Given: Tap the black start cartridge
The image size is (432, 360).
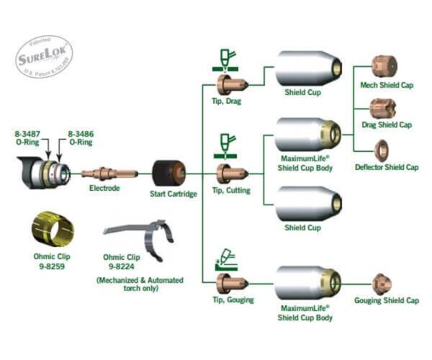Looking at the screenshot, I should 169,174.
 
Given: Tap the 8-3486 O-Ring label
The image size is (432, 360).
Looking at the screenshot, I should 81,138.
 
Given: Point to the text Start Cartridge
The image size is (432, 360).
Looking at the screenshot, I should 174,194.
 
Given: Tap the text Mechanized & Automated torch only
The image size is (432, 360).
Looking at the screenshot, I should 140,284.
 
